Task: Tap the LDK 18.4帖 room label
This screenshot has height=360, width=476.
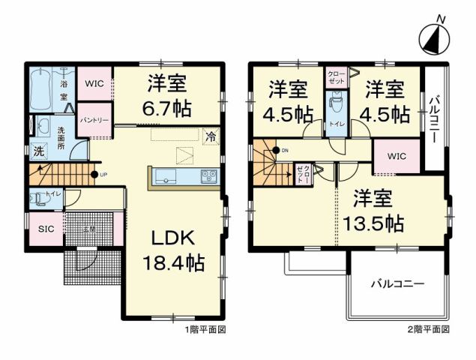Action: [175, 250]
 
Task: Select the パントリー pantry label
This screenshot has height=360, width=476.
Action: [94, 120]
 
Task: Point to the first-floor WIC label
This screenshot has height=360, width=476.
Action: [94, 83]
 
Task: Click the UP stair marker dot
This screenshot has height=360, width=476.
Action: [94, 175]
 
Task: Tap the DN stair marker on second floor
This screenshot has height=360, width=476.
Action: [276, 151]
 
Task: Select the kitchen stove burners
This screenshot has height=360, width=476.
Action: [208, 176]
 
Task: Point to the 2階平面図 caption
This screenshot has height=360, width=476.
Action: [430, 328]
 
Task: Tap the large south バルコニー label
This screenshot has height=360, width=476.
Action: [397, 284]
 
